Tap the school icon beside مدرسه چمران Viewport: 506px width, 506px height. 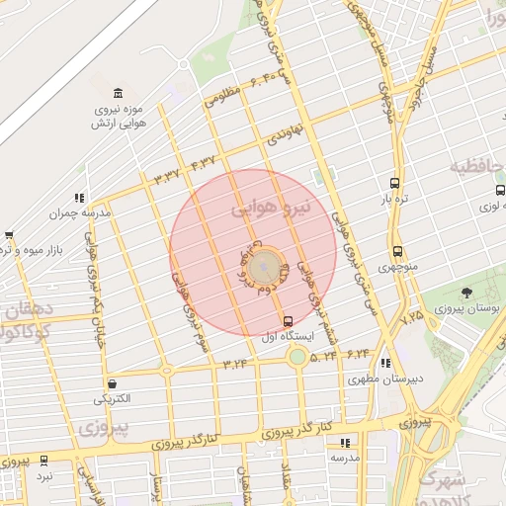[x=79, y=198]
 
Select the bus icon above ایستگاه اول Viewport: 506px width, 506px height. [x=288, y=321]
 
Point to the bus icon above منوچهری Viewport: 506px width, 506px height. [x=397, y=251]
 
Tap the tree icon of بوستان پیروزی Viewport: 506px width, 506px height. [x=466, y=292]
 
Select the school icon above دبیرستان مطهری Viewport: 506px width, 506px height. [x=384, y=363]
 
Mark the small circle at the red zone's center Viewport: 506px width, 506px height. [x=263, y=267]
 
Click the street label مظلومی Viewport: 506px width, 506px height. [x=223, y=96]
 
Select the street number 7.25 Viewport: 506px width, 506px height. [x=411, y=318]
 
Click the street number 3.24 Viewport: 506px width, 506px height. [x=235, y=364]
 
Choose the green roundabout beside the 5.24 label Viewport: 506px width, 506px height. [x=295, y=355]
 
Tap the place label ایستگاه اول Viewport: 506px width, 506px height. [x=289, y=337]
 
